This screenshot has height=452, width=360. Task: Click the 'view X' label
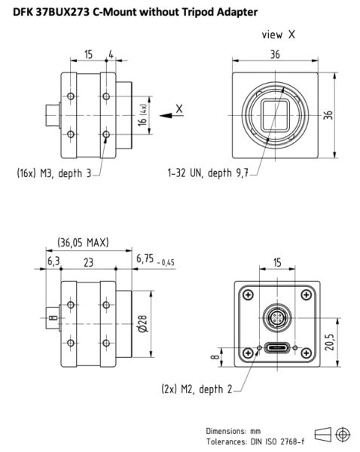point(278,35)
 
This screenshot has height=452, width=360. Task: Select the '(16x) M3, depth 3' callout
point(53,173)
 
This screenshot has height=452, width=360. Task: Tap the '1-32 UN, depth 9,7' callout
point(208,173)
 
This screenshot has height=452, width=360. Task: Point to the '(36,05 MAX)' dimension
point(83,243)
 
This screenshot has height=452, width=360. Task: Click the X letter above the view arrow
point(178,108)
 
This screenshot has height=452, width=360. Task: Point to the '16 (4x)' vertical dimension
point(143,118)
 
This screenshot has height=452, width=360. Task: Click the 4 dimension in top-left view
point(111,55)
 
